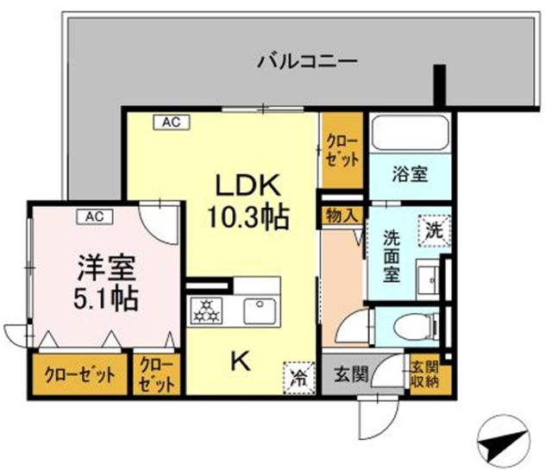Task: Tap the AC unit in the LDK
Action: click(170, 122)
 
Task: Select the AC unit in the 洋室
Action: click(91, 216)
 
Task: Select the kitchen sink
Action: click(259, 310)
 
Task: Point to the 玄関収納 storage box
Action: click(423, 373)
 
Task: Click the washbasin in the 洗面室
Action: click(425, 279)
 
